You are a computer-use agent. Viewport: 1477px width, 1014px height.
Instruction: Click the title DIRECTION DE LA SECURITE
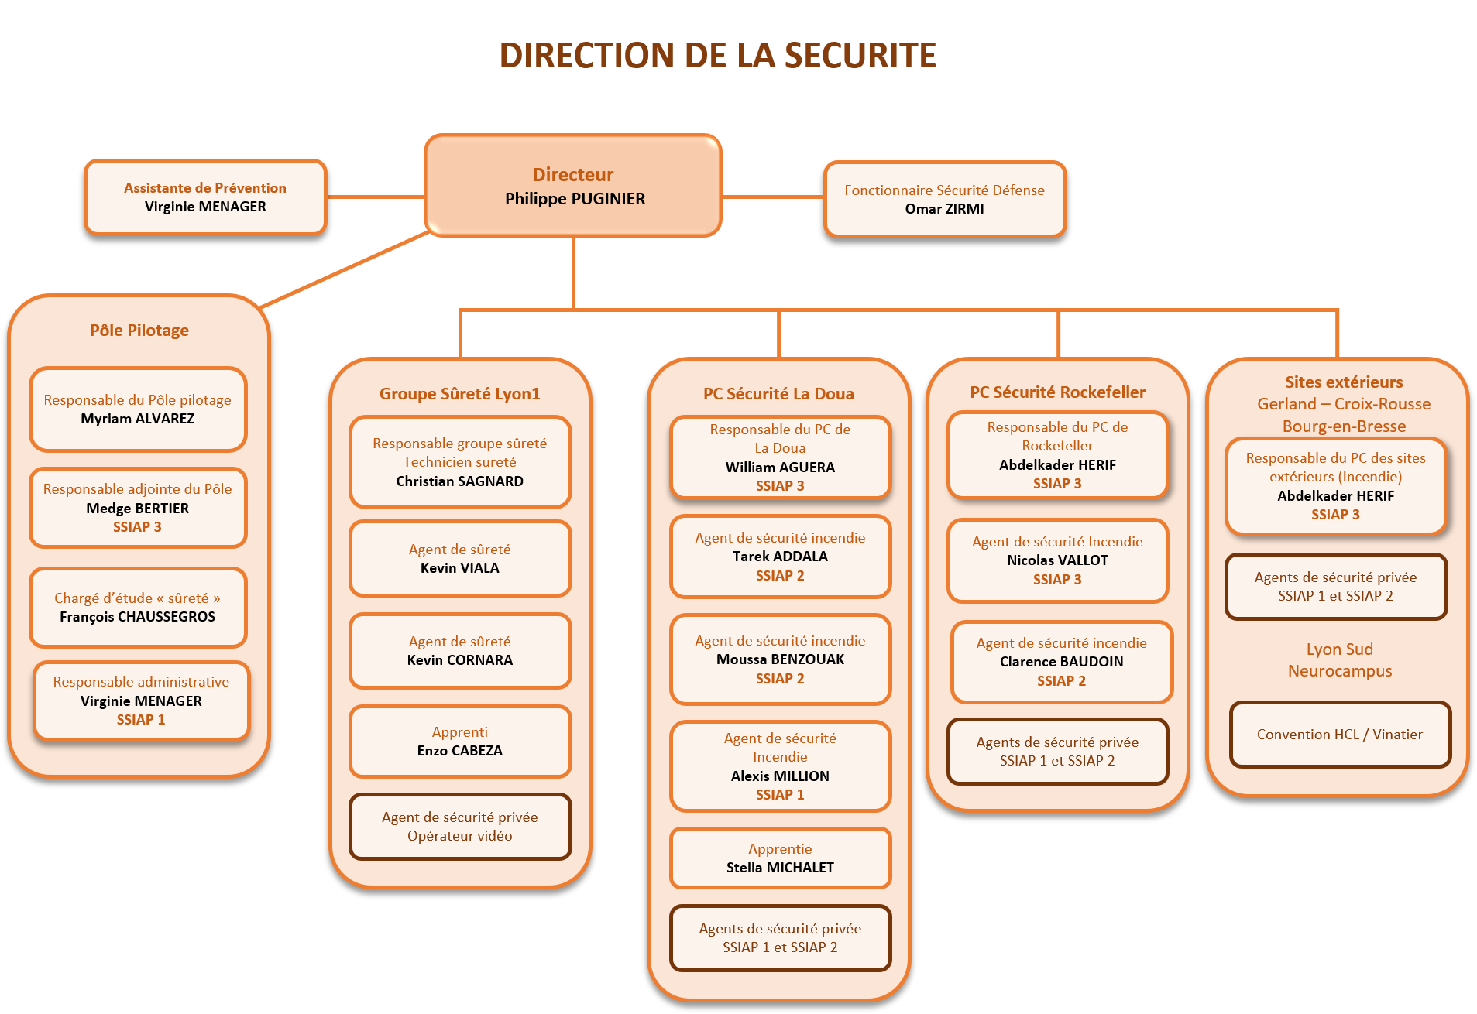tap(717, 56)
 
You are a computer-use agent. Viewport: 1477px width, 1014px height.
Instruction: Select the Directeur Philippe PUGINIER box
tap(573, 187)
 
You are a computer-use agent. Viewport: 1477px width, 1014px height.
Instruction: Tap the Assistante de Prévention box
tap(205, 197)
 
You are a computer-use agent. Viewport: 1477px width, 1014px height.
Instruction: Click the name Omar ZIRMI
tap(944, 209)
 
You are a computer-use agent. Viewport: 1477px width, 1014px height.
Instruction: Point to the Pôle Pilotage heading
tap(139, 331)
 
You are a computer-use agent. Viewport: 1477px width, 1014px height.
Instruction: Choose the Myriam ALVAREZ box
tap(138, 409)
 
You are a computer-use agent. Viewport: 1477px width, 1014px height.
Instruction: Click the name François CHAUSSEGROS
tap(138, 617)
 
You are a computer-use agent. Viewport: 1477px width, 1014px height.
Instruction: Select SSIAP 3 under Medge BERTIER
tap(137, 527)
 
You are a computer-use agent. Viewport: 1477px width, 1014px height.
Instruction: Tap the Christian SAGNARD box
tap(460, 462)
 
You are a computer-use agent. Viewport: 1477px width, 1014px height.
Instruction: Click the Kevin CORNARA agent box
tap(460, 650)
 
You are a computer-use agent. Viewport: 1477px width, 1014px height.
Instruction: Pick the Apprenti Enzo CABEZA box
tap(460, 741)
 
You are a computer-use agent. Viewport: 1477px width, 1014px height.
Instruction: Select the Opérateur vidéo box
tap(460, 827)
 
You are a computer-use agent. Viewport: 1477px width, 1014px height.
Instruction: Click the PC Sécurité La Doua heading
tap(778, 394)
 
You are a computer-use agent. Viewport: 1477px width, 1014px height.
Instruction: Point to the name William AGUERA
tap(780, 468)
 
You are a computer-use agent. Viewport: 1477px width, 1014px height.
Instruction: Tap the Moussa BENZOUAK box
tap(780, 659)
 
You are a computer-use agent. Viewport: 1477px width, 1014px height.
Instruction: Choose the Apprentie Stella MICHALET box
tap(780, 858)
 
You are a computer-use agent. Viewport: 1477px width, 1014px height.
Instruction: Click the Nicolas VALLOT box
tap(1057, 560)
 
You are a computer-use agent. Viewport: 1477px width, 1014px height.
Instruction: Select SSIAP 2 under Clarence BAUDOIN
tap(1061, 681)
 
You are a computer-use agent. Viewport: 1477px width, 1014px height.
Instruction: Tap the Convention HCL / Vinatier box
tap(1340, 735)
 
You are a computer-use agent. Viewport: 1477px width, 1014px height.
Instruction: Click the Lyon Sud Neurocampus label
tap(1340, 660)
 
